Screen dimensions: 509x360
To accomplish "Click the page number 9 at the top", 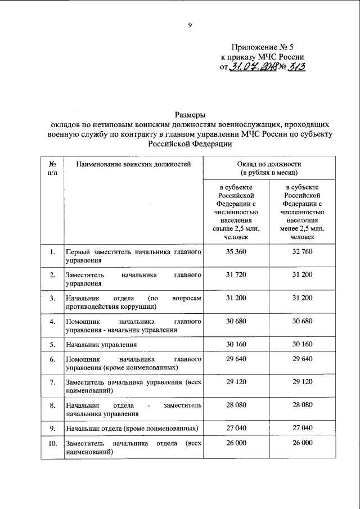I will [190, 24].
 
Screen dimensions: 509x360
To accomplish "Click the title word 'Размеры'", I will [190, 116].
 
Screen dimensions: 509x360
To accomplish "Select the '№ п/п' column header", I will [52, 168].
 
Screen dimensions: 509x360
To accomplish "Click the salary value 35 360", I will [237, 252].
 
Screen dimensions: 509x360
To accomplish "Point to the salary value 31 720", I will [237, 274].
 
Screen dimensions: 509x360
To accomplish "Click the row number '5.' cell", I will [52, 344].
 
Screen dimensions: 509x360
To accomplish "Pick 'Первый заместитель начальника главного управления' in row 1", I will [133, 256].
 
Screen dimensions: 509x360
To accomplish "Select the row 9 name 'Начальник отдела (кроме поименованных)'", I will [132, 429].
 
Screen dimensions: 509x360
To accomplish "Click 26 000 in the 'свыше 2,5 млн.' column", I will [237, 444].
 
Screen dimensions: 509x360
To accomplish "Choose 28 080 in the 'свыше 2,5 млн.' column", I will [237, 405].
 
